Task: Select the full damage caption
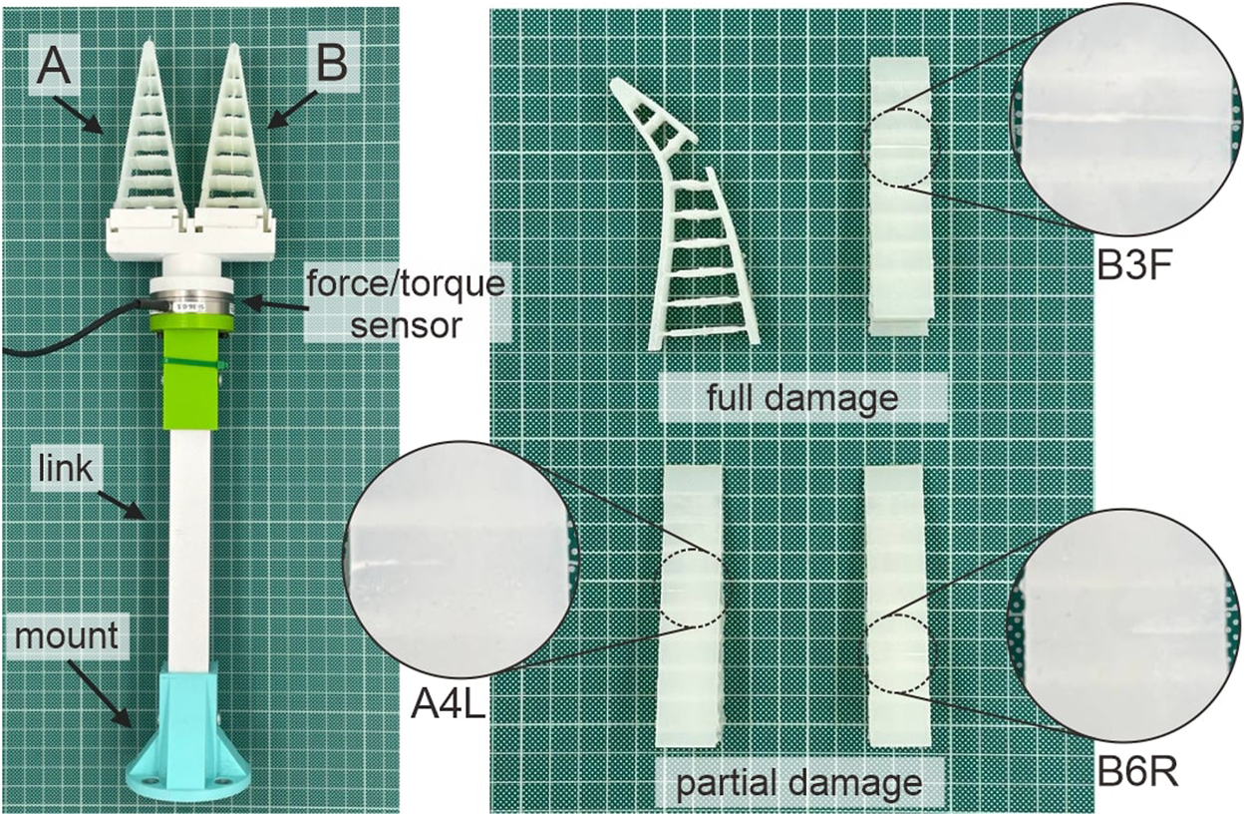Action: click(x=801, y=399)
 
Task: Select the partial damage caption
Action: click(x=798, y=782)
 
